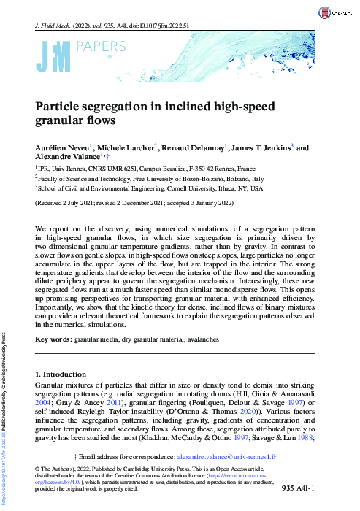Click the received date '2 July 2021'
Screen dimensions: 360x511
(x=78, y=203)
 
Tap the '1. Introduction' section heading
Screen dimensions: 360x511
(x=61, y=374)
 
